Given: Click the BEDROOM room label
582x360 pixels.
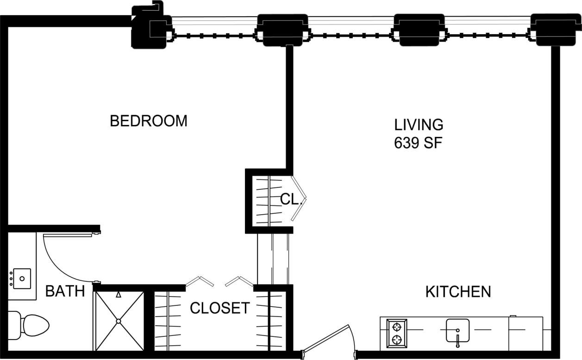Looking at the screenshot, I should point(148,121).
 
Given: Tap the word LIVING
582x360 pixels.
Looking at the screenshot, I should point(419,124).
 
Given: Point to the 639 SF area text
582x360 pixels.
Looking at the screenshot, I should point(419,143).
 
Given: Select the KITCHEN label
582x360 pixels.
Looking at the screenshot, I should point(458,292).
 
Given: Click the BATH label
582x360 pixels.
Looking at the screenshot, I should point(65,292).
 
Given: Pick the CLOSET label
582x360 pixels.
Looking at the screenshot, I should point(219,308).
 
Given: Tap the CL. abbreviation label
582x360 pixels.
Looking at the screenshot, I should point(291,199).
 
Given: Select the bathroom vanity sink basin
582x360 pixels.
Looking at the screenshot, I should point(22,279).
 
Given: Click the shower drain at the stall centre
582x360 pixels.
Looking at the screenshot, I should point(119,321).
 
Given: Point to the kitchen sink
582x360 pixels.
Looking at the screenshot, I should point(457,330).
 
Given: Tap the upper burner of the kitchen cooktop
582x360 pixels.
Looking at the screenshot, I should point(397,327).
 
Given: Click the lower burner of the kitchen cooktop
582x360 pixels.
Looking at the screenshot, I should point(397,340).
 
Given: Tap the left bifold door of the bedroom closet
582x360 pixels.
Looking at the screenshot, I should point(200,281).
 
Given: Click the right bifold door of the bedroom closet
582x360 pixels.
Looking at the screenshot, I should point(239,281).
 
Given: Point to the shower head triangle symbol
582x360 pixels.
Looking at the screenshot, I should point(119,294).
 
